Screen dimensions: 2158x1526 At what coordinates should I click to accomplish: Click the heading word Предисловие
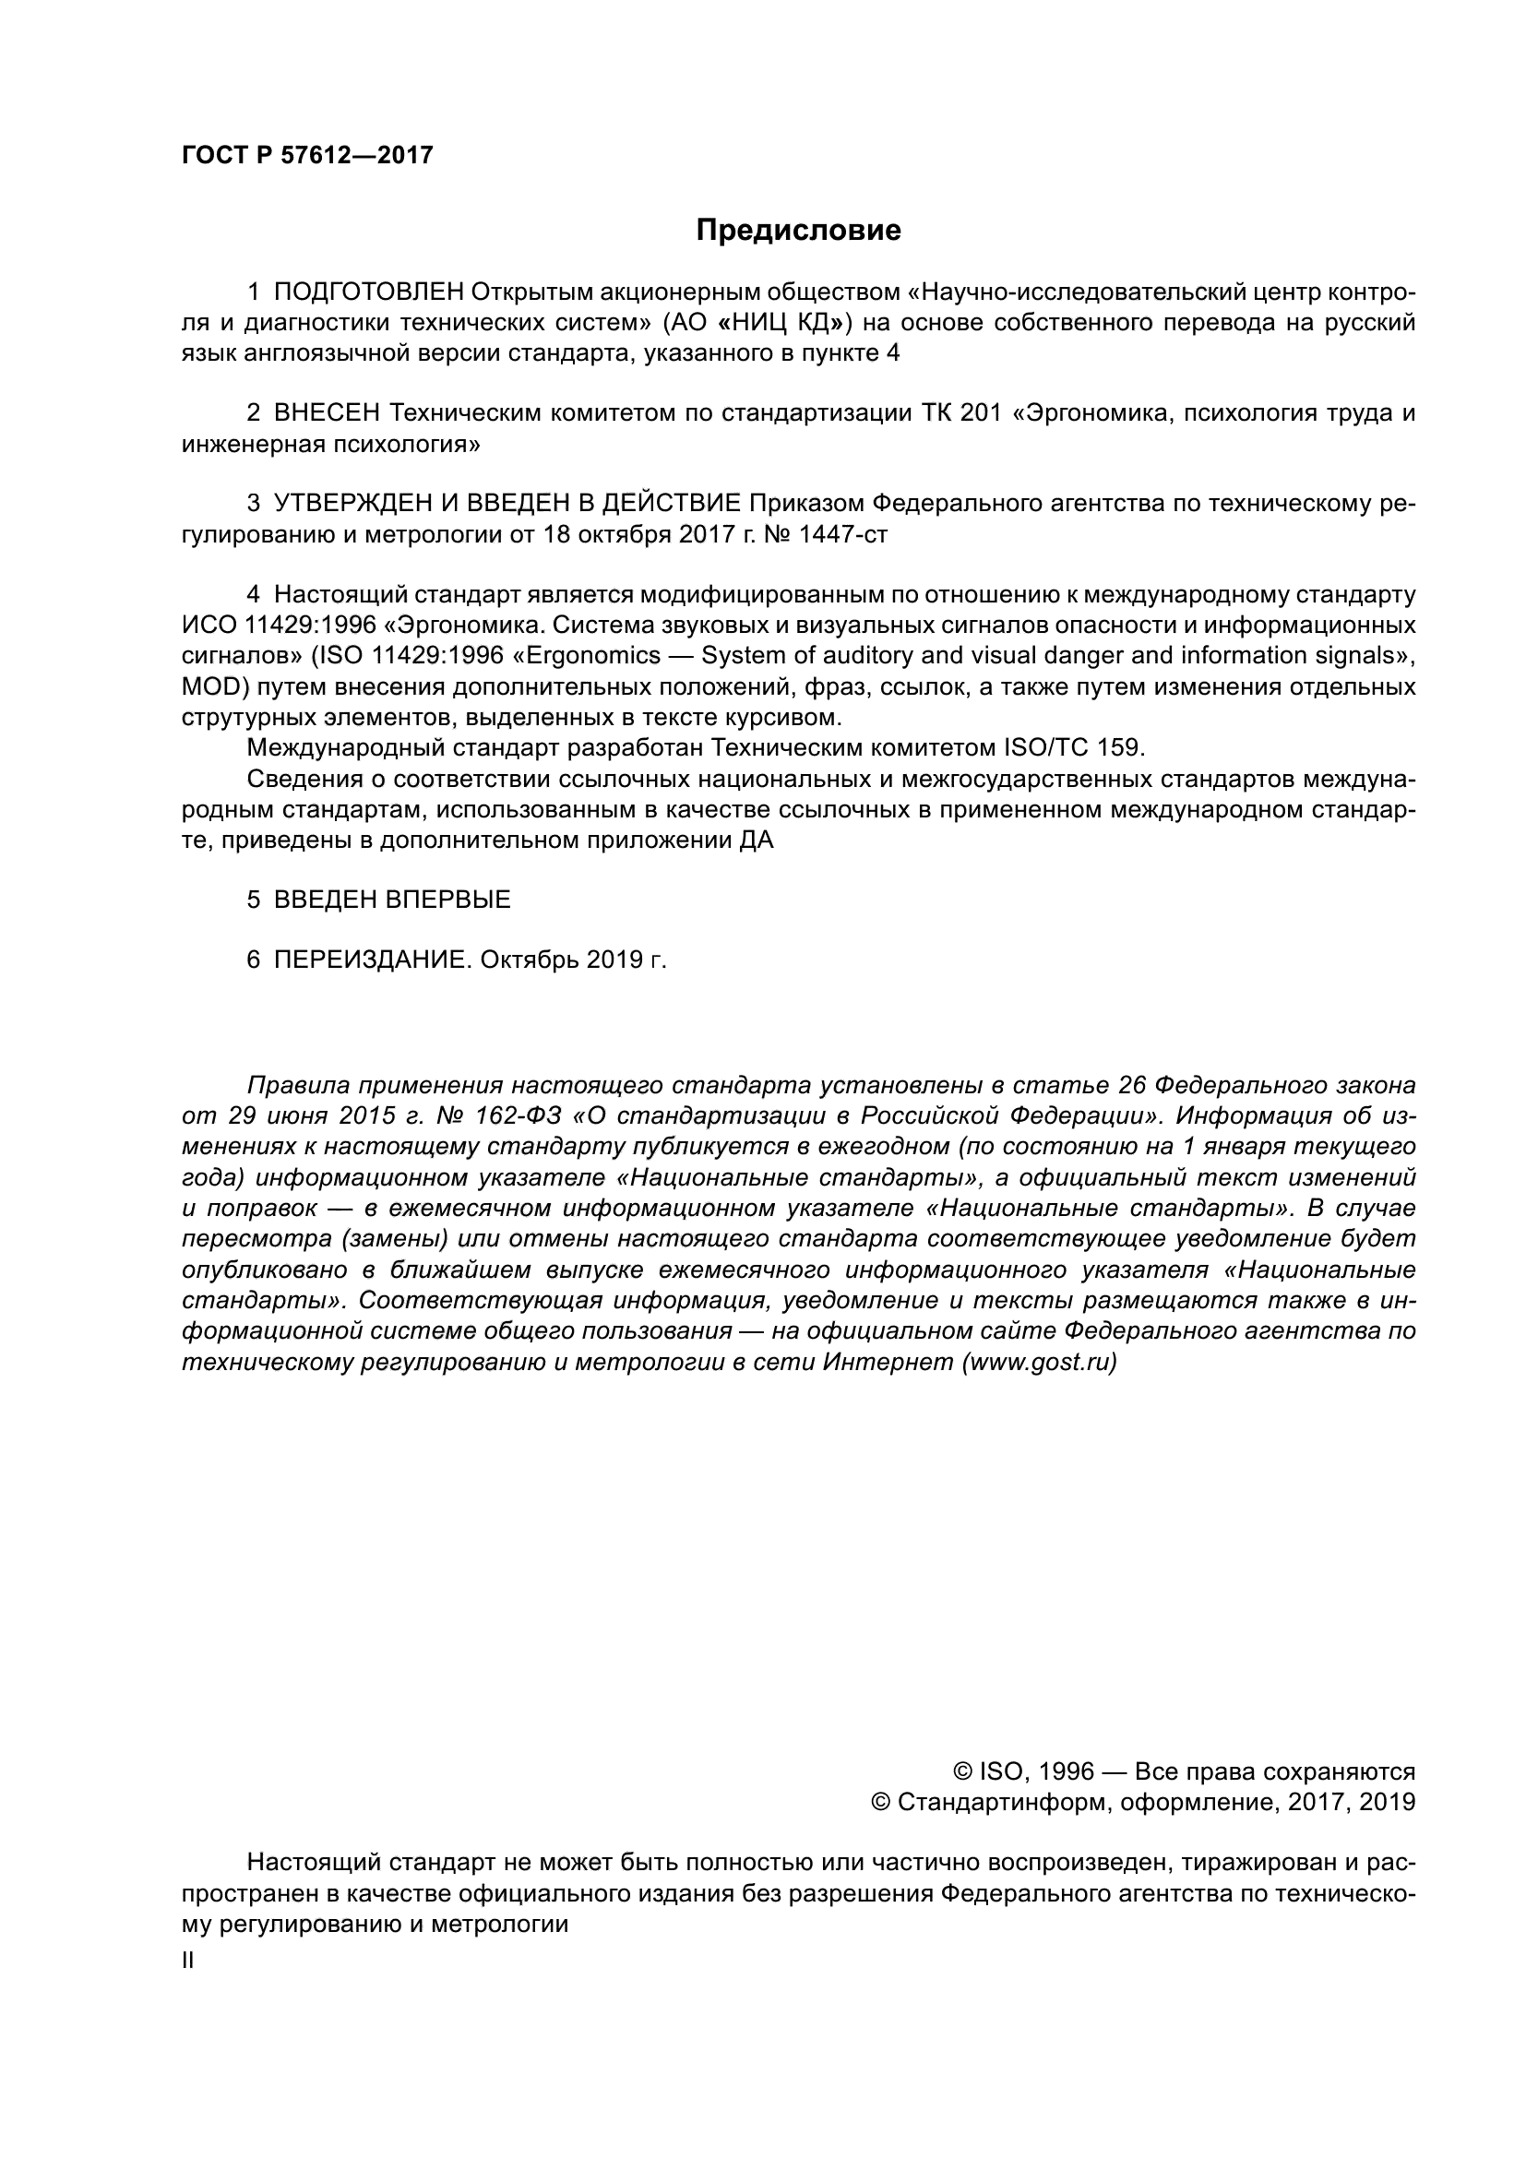coord(798,231)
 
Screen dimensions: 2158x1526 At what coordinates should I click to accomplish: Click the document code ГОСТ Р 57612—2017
coord(307,156)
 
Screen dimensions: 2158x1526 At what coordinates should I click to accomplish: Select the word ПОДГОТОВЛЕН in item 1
coord(369,292)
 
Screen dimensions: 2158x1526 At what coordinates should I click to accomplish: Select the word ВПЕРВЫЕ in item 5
coord(447,900)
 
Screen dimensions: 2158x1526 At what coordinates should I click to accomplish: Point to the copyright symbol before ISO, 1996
coord(962,1771)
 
